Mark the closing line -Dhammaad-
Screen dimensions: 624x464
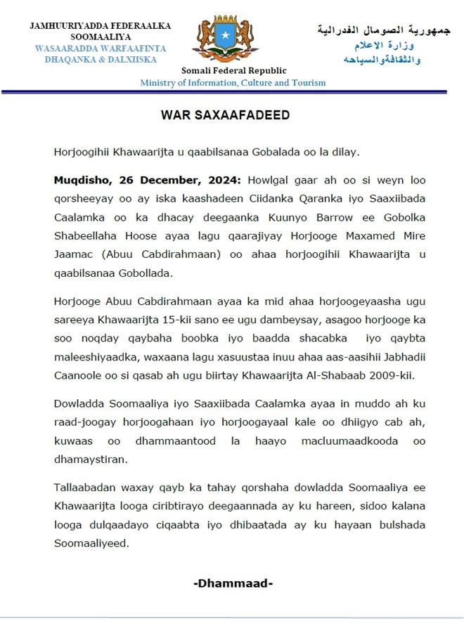click(x=233, y=583)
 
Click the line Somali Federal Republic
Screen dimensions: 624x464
click(x=233, y=70)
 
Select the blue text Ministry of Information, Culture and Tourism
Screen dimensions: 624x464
click(x=233, y=83)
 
